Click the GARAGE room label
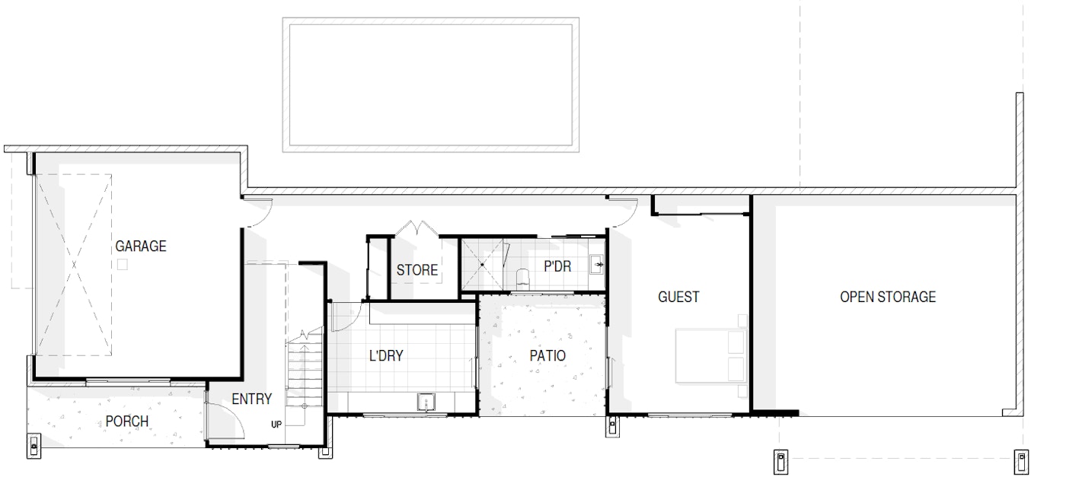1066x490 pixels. [x=140, y=246]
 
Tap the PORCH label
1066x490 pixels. [x=127, y=421]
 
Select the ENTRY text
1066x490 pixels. [x=252, y=399]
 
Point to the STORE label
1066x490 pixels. [x=417, y=270]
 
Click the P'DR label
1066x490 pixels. [x=557, y=266]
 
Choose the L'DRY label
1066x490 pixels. [x=386, y=355]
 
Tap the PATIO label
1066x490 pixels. [x=547, y=355]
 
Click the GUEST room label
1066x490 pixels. [x=678, y=297]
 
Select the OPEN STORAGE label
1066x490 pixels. [x=888, y=297]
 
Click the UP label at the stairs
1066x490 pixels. [x=276, y=425]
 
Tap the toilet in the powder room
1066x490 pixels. [x=523, y=278]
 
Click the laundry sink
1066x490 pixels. [x=426, y=402]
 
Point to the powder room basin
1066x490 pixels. [x=597, y=264]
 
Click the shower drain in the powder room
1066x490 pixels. [x=482, y=265]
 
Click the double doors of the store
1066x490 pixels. [x=417, y=228]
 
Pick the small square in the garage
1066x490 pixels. [x=123, y=265]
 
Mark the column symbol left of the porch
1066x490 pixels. [x=34, y=446]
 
